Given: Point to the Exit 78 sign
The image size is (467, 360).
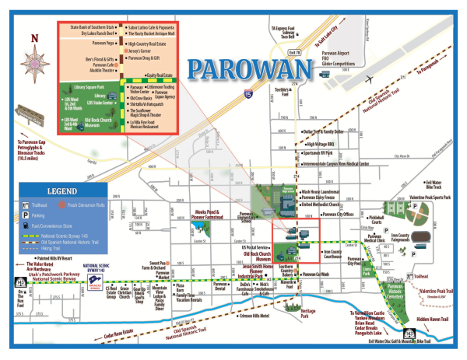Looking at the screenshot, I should (x=294, y=53).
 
